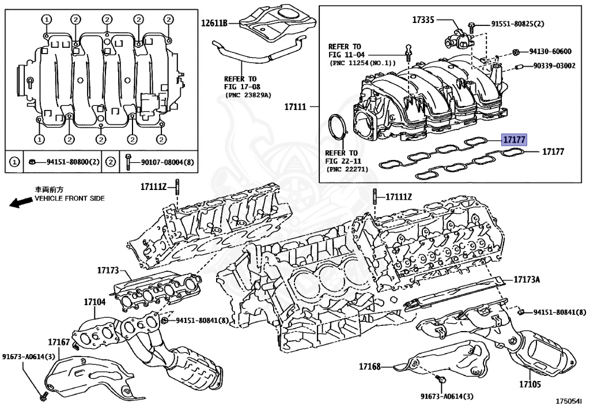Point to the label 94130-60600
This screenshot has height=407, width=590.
coord(550,51)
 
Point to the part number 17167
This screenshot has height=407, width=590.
coord(59,342)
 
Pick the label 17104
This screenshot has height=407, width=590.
coord(94,302)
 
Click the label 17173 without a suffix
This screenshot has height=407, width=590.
coord(107,269)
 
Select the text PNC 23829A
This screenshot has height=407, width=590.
coord(247,94)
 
